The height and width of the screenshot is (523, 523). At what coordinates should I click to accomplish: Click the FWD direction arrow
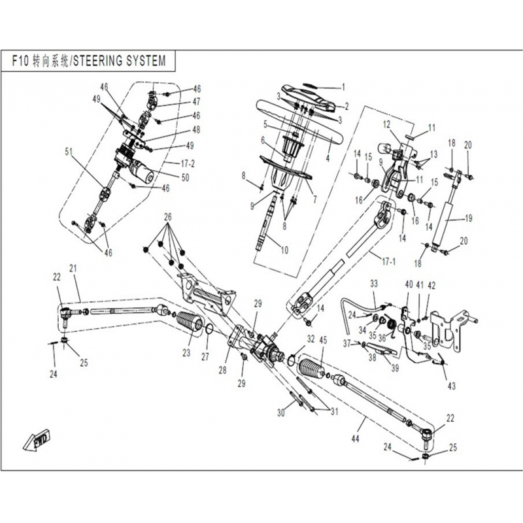pyautogui.click(x=38, y=441)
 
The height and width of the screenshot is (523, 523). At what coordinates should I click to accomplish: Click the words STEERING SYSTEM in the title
pyautogui.click(x=124, y=60)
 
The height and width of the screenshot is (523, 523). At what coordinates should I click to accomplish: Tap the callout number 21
pyautogui.click(x=73, y=268)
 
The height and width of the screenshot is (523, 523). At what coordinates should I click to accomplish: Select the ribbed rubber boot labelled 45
pyautogui.click(x=311, y=373)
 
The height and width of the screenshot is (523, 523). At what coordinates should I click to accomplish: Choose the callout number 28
pyautogui.click(x=224, y=369)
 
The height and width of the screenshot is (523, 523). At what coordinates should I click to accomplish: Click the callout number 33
pyautogui.click(x=374, y=284)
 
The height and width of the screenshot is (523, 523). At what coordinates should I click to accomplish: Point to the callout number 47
pyautogui.click(x=196, y=101)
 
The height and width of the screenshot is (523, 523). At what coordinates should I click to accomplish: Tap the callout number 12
pyautogui.click(x=386, y=124)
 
